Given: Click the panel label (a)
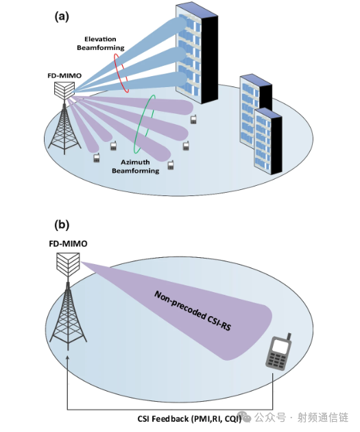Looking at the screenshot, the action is (x=62, y=17).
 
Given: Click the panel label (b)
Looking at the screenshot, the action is (x=62, y=225).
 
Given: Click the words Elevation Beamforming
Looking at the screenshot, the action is (x=101, y=43).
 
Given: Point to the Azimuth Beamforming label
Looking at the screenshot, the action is (x=136, y=167).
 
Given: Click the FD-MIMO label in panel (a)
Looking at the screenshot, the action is (x=64, y=75).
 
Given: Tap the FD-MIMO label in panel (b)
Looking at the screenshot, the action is (x=68, y=244).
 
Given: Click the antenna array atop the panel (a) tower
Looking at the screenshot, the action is (x=64, y=91).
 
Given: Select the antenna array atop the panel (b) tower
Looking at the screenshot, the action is (x=68, y=263).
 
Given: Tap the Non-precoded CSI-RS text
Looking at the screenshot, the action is (x=193, y=311).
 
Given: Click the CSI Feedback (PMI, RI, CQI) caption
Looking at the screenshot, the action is (x=189, y=419).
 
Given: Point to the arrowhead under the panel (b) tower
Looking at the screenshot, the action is (x=68, y=358).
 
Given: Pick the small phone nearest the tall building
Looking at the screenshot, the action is (x=193, y=119).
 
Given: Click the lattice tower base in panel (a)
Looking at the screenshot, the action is (x=64, y=127).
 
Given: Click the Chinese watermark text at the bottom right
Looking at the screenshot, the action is (x=301, y=418).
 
